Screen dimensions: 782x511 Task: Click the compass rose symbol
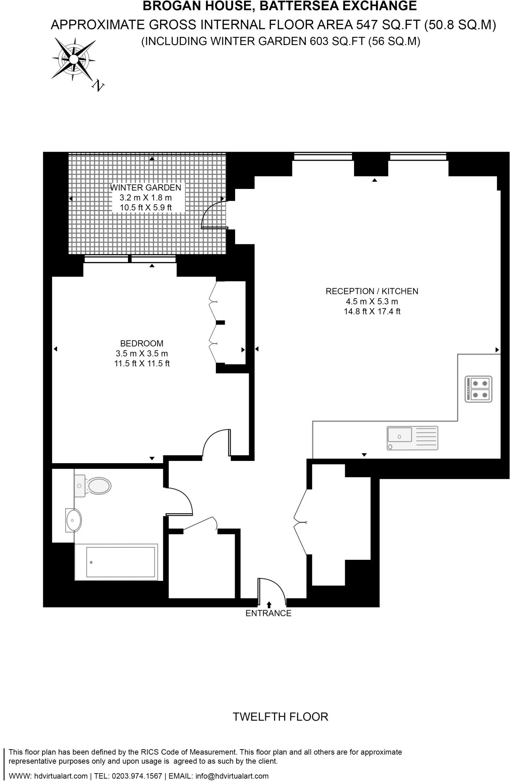pyautogui.click(x=73, y=58)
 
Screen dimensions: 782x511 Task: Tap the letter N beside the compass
pyautogui.click(x=98, y=86)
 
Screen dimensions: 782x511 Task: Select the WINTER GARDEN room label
pyautogui.click(x=145, y=187)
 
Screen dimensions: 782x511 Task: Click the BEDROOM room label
pyautogui.click(x=142, y=343)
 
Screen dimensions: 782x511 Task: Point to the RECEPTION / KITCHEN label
pyautogui.click(x=372, y=291)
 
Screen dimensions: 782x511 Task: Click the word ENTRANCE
pyautogui.click(x=268, y=613)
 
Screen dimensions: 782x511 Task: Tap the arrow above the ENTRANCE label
pyautogui.click(x=269, y=604)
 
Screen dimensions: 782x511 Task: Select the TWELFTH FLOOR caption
pyautogui.click(x=281, y=717)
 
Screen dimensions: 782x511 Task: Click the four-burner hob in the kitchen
pyautogui.click(x=478, y=389)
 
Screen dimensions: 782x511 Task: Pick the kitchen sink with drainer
pyautogui.click(x=412, y=438)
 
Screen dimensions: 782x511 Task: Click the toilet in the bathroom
pyautogui.click(x=94, y=486)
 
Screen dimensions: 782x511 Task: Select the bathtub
pyautogui.click(x=116, y=562)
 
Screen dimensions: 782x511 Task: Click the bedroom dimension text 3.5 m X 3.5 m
pyautogui.click(x=142, y=354)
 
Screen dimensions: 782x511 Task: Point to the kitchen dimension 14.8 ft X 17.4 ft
pyautogui.click(x=372, y=312)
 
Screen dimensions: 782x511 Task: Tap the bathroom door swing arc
pyautogui.click(x=183, y=499)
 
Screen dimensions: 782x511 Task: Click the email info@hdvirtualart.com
pyautogui.click(x=232, y=776)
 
